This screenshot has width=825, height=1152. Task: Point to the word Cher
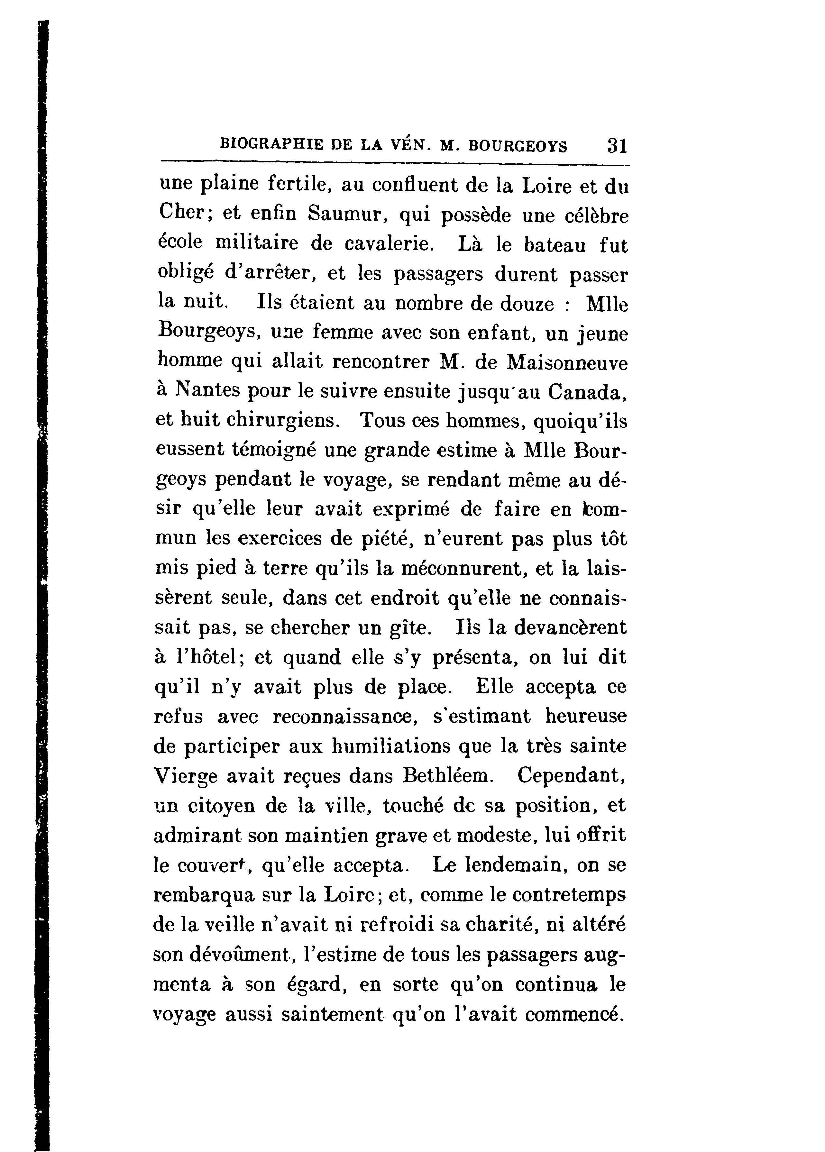(x=181, y=212)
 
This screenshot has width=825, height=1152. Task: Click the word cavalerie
(x=390, y=244)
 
